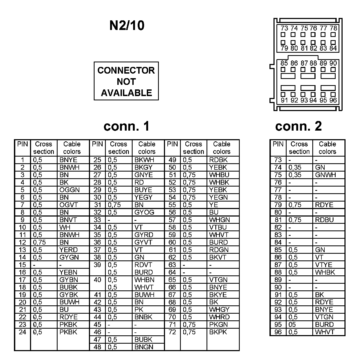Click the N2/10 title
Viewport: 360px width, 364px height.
(x=127, y=26)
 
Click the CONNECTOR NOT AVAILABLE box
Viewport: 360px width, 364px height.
(x=126, y=81)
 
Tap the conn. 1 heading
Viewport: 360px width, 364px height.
(x=126, y=126)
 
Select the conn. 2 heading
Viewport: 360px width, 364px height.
(x=298, y=126)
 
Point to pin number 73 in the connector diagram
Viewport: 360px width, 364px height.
(x=284, y=28)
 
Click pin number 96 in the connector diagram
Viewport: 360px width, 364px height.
(x=333, y=100)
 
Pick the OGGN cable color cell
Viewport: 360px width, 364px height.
(x=70, y=190)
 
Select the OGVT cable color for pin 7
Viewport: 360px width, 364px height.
(x=69, y=205)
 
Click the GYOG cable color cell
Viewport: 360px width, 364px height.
(x=144, y=213)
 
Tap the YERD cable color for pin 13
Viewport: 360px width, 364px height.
(x=69, y=250)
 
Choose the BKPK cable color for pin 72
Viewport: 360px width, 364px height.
(x=218, y=332)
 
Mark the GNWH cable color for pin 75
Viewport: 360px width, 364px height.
(x=325, y=175)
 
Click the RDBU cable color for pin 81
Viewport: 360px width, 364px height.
(x=324, y=220)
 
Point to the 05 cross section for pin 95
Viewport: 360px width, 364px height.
(x=292, y=325)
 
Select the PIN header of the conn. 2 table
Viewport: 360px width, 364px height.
(x=278, y=144)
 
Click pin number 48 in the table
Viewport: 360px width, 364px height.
(x=97, y=347)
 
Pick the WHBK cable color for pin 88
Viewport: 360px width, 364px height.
(x=325, y=272)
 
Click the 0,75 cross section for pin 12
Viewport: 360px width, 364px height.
(x=39, y=242)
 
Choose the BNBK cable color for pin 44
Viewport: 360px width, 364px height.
(x=143, y=317)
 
